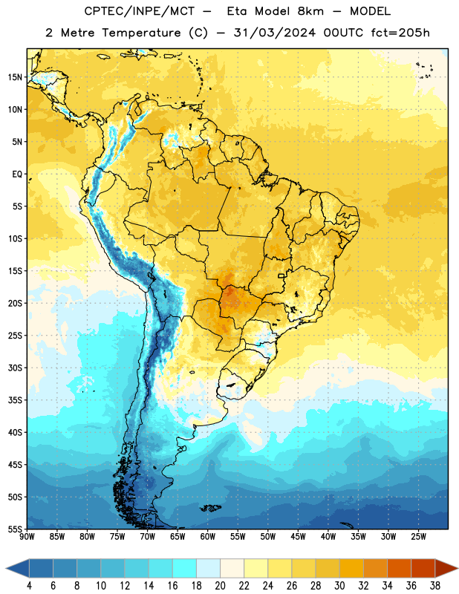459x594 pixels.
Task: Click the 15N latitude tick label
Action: pos(15,77)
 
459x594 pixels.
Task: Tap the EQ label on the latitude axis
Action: pos(17,174)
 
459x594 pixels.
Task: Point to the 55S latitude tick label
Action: pos(15,529)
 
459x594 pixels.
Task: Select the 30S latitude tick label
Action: pos(15,368)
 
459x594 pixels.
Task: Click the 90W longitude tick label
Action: pos(27,536)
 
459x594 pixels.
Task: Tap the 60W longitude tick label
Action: pos(208,536)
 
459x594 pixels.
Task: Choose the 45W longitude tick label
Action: pos(298,536)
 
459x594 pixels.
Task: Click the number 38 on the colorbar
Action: pos(435,586)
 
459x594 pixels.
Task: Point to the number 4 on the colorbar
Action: pos(29,586)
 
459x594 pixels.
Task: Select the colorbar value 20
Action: pos(220,586)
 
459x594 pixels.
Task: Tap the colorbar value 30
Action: pos(339,586)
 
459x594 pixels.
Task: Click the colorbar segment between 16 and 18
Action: pos(184,568)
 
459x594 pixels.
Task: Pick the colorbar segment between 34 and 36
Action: pos(399,568)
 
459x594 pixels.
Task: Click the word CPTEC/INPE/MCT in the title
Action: pos(139,11)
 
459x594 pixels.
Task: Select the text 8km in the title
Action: pos(310,11)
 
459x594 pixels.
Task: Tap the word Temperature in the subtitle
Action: pos(141,33)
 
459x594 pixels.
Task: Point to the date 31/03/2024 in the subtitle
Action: pos(274,33)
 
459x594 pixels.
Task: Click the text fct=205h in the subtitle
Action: pos(400,33)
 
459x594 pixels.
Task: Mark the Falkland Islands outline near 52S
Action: pos(210,508)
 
